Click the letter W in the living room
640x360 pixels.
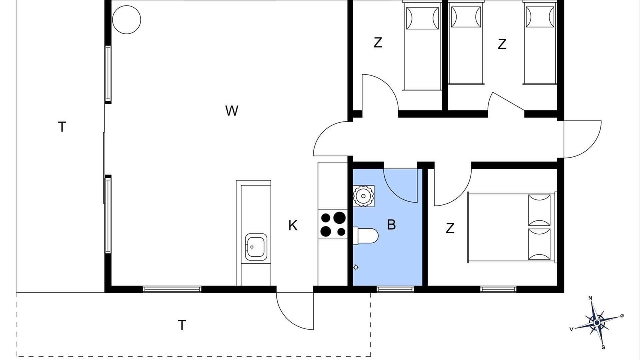point(231,111)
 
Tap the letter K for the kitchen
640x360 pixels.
point(293,225)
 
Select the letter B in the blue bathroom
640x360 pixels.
point(391,225)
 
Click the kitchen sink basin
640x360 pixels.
point(256,247)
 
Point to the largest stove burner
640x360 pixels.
point(339,218)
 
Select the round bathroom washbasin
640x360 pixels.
point(363,196)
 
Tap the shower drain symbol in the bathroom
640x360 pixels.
point(356,267)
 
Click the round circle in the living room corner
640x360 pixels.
point(127,20)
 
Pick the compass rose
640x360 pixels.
point(597,323)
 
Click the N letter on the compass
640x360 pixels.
point(590,298)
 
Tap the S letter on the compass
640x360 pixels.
point(603,347)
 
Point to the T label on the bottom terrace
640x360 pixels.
point(182,325)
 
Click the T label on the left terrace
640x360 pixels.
point(62,127)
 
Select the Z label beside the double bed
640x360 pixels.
point(450,228)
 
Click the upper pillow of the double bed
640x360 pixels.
point(539,210)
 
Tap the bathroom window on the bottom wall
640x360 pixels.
point(395,289)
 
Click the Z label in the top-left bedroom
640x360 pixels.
point(378,43)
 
